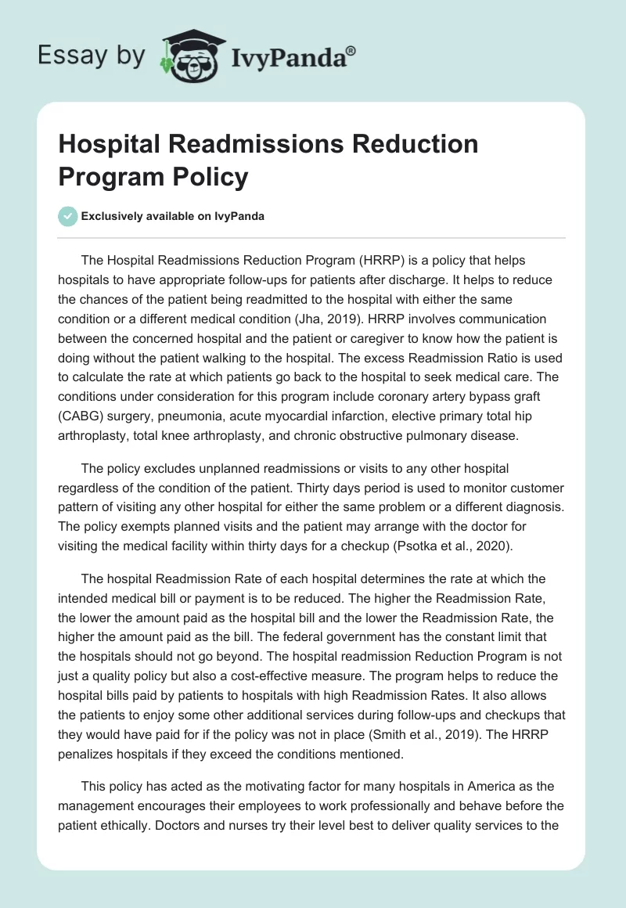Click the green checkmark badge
[68, 216]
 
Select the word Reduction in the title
[412, 144]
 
